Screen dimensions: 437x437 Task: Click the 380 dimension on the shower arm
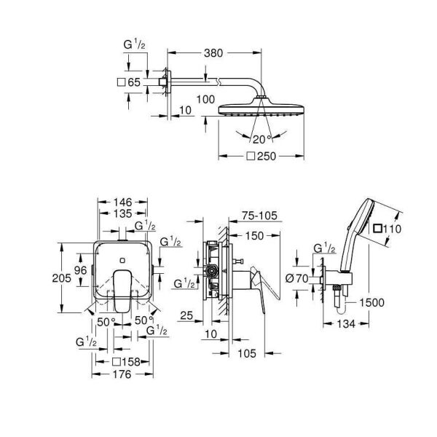point(213,52)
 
